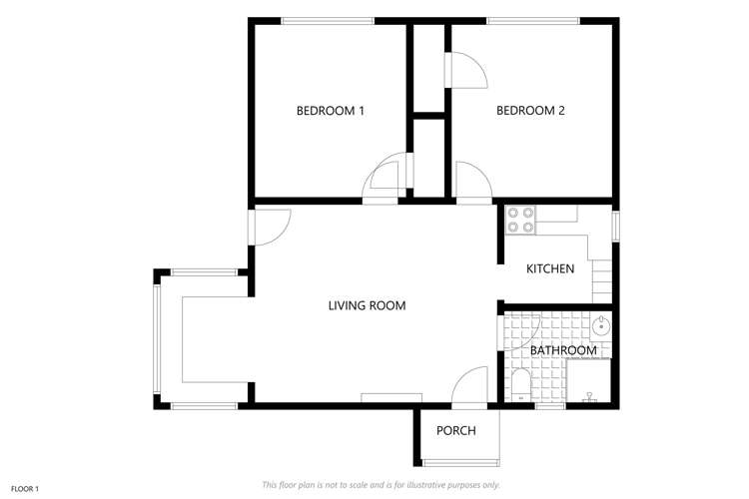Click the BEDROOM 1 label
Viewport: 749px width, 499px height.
point(330,111)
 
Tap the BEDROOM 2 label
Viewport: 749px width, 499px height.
point(531,111)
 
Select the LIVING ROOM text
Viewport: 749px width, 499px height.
point(367,305)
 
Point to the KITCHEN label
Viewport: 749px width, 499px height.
point(550,268)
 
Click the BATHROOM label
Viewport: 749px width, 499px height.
point(563,350)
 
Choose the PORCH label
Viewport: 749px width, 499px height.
point(455,431)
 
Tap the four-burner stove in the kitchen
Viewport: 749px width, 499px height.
point(519,220)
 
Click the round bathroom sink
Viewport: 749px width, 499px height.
point(600,326)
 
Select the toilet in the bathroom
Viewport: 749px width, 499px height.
point(520,384)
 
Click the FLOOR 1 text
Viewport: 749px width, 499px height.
point(25,489)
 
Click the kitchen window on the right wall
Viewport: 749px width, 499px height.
point(616,227)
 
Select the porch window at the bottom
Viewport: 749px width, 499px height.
point(460,462)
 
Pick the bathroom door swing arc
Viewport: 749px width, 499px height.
point(521,329)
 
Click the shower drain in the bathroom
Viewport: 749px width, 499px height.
point(589,395)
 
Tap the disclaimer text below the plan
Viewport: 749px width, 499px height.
point(380,484)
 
